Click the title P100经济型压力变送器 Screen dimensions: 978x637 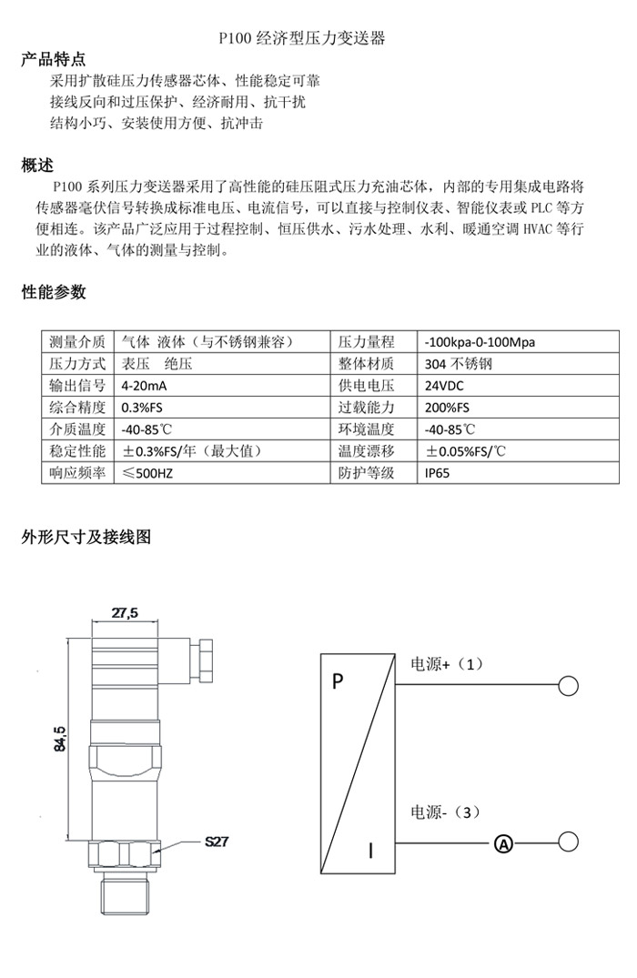coord(302,39)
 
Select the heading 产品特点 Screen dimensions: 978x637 coord(54,60)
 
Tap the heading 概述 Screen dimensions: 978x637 coord(37,166)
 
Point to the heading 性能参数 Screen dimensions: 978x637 coord(54,292)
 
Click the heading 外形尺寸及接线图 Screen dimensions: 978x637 coord(86,537)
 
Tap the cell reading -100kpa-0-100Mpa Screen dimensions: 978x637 coord(480,342)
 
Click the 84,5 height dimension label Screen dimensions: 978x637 coord(60,738)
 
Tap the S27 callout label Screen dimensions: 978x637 coord(216,842)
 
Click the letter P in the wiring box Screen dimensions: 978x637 coord(338,681)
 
